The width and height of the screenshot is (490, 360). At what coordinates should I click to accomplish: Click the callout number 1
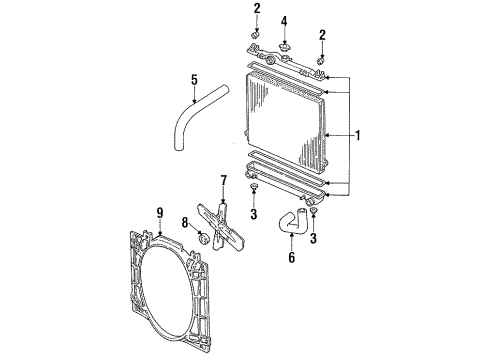(357, 135)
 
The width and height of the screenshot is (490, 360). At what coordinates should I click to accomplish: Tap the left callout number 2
(257, 9)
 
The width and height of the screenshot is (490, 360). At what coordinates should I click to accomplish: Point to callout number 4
(285, 20)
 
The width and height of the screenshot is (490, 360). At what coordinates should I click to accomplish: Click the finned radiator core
(290, 115)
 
